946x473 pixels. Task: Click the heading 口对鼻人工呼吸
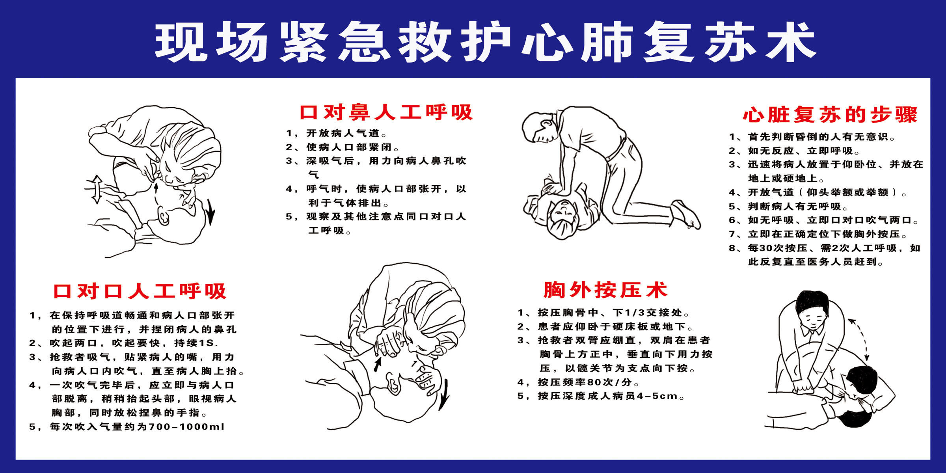(x=386, y=113)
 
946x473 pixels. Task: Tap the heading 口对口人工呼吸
(x=140, y=291)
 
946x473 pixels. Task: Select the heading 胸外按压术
(x=605, y=290)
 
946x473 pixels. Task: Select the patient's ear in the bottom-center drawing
(x=394, y=384)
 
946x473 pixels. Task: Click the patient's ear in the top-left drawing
(x=163, y=216)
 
